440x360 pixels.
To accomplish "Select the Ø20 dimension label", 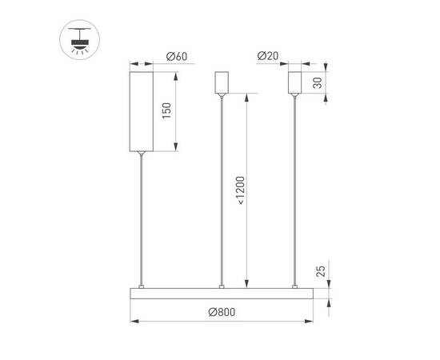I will click(x=268, y=57).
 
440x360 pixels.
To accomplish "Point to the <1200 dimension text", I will click(x=241, y=190).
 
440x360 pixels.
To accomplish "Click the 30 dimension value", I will click(x=318, y=83).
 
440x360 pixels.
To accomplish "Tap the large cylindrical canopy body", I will click(x=142, y=108).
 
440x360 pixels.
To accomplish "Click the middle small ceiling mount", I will click(x=222, y=82).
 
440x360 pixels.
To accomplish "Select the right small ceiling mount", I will click(x=295, y=82).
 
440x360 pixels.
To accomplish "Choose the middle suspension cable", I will click(x=222, y=192).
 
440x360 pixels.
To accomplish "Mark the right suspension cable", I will click(x=295, y=192).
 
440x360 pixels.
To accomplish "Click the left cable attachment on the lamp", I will click(x=142, y=285).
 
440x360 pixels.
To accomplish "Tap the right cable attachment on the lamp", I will click(x=295, y=285).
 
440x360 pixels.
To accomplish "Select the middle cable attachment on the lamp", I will click(x=222, y=285).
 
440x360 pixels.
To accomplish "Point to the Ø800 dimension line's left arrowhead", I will click(x=133, y=321).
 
